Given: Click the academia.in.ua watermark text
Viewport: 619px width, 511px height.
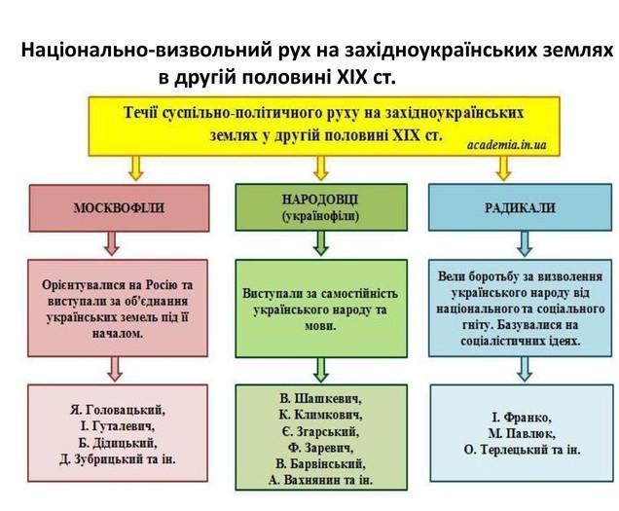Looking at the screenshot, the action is (507, 145).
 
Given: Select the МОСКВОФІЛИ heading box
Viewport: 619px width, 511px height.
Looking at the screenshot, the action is (119, 207).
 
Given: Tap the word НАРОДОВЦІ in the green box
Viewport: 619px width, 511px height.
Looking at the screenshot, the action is (320, 200).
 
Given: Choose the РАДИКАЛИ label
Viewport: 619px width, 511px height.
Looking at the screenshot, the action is (520, 207).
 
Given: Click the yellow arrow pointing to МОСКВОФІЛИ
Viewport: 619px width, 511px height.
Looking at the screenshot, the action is (136, 167).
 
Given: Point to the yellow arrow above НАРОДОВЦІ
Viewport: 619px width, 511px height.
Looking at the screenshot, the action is (321, 167).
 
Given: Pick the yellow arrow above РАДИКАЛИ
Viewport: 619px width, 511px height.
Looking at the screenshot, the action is (504, 167).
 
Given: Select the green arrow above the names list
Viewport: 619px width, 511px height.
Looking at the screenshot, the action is (321, 370).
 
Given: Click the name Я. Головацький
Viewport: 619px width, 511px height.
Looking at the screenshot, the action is (118, 410).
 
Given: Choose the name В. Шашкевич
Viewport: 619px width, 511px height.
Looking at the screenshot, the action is (320, 398).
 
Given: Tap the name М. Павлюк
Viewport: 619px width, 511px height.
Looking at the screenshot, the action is (522, 433).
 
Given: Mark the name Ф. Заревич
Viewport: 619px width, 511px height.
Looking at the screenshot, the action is (320, 448).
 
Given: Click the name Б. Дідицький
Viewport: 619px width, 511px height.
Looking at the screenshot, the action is (118, 443).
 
